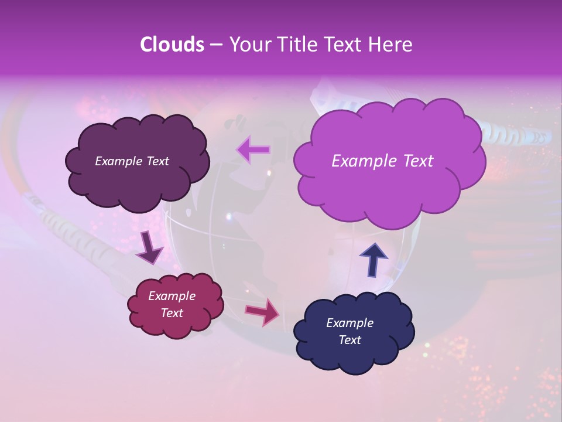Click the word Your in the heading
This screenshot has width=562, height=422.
pyautogui.click(x=248, y=45)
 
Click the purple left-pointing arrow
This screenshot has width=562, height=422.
pyautogui.click(x=253, y=149)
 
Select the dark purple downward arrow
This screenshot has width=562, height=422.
pyautogui.click(x=150, y=248)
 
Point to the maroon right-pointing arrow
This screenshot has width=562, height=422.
pyautogui.click(x=262, y=311)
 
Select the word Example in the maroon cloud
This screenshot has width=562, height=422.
pyautogui.click(x=172, y=296)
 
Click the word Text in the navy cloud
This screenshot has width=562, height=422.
pyautogui.click(x=350, y=340)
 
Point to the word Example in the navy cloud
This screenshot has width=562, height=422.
pyautogui.click(x=350, y=323)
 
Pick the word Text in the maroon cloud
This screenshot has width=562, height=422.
pyautogui.click(x=172, y=313)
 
